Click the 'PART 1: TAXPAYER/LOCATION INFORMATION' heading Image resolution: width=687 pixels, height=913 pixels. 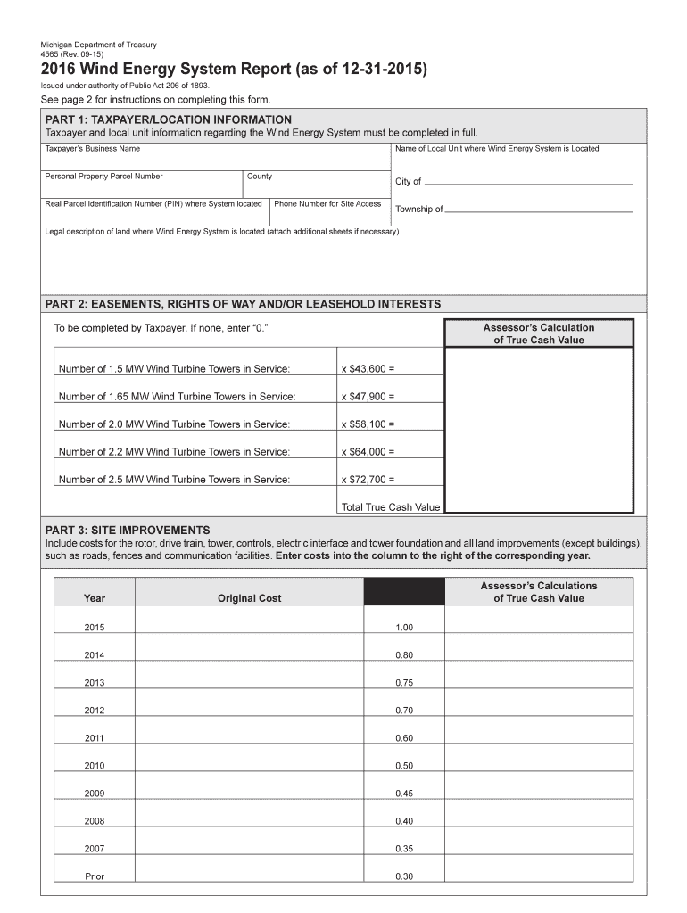coord(169,119)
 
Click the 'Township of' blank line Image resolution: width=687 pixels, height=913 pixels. coord(539,210)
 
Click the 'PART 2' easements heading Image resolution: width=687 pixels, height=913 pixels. coord(243,304)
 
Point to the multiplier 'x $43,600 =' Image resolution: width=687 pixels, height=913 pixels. coord(368,369)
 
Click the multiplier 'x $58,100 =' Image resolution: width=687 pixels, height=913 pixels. coord(368,424)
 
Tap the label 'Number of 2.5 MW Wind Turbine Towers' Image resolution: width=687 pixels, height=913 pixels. coord(174,480)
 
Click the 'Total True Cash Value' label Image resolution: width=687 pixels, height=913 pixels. coord(391,507)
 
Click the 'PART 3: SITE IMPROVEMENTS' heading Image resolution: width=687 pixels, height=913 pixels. coord(128,530)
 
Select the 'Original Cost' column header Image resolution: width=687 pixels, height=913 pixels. coord(249,598)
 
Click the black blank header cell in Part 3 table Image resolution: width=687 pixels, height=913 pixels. coord(403,592)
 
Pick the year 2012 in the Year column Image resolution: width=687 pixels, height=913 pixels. coord(95,711)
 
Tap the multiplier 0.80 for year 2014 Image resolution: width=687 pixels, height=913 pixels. coord(403,655)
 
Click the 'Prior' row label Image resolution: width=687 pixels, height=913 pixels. coord(95,876)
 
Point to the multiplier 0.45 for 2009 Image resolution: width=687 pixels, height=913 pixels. coord(403,794)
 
